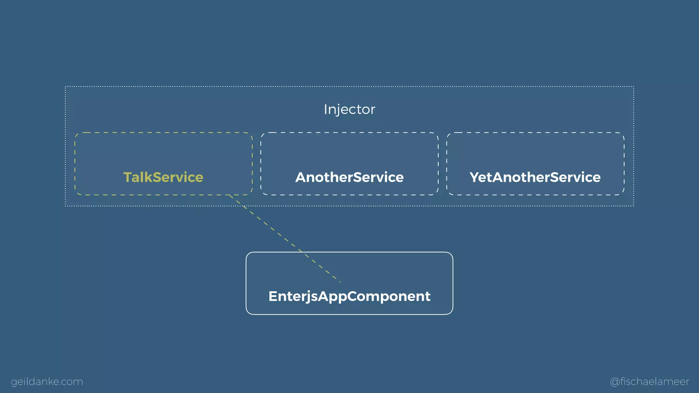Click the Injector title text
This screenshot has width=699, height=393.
coord(349,110)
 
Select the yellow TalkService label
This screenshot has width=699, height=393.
coord(163,177)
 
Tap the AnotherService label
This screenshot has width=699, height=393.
coord(349,177)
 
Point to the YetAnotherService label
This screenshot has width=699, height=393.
coord(535,177)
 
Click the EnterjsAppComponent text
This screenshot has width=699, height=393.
coord(349,296)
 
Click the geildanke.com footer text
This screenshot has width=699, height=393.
coord(47,381)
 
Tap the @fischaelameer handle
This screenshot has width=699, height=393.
coord(650,381)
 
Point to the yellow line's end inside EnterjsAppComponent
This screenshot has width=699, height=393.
coord(340,282)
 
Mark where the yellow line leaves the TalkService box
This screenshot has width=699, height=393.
coord(229,195)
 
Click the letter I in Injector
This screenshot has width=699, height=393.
coord(326,109)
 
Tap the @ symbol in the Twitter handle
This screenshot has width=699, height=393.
coord(615,382)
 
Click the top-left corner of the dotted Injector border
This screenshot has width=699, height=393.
coord(66,87)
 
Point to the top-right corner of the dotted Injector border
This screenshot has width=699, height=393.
coord(633,87)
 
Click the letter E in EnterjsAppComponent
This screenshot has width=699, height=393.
coord(273,296)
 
